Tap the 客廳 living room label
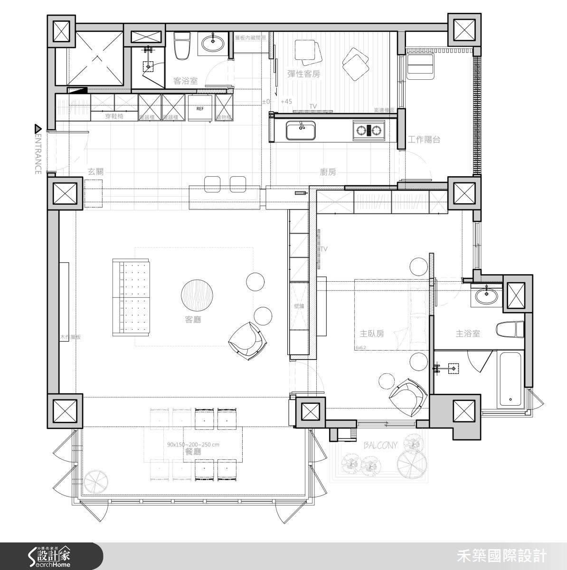click(x=193, y=320)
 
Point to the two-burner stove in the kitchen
click(x=368, y=130)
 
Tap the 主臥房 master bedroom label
click(x=372, y=334)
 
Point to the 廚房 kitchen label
click(x=328, y=172)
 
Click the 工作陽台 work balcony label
click(x=424, y=140)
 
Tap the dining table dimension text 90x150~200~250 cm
click(x=193, y=445)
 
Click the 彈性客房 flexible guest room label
click(x=304, y=74)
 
